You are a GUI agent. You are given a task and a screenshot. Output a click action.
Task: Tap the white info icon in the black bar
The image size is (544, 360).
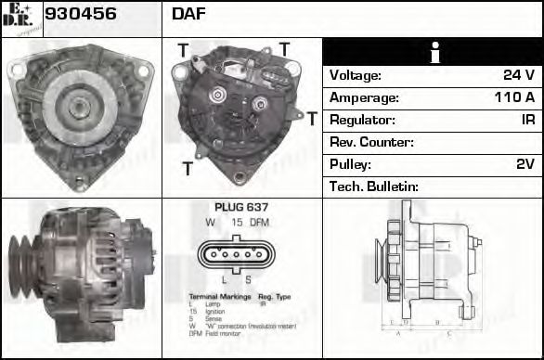tap(433, 53)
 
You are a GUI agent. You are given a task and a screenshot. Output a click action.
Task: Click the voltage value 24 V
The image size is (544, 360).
tap(517, 75)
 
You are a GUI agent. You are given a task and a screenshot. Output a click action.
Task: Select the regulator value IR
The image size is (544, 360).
tap(526, 120)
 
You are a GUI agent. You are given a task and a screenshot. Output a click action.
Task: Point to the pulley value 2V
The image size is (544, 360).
tap(525, 164)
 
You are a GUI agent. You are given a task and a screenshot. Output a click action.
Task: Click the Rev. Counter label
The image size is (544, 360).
tap(371, 142)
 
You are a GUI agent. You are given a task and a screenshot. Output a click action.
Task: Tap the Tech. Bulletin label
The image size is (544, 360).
tap(374, 186)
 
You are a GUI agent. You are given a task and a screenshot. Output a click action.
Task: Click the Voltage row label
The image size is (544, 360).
tap(355, 75)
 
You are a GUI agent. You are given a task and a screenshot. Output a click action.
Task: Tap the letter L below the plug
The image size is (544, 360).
tap(223, 278)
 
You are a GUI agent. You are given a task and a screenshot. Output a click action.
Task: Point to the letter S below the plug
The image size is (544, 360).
tap(248, 278)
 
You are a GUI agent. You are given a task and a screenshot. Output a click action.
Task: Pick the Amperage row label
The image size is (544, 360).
tap(364, 97)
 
